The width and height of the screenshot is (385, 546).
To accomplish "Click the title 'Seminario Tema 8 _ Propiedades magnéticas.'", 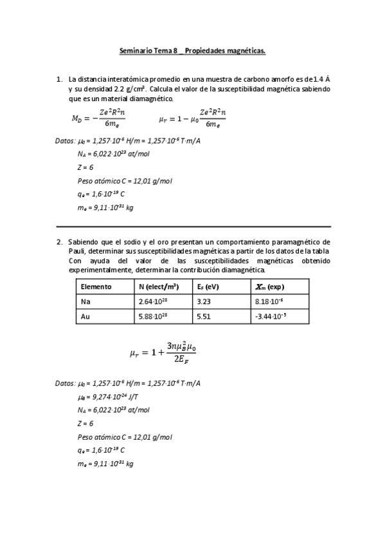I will tap(192, 50).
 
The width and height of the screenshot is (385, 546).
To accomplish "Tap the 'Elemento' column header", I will tap(96, 287).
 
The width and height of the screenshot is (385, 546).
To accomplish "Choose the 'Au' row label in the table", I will tap(85, 316).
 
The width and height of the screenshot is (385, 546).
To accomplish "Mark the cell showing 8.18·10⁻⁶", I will tap(269, 301).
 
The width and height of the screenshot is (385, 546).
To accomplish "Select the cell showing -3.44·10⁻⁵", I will tap(270, 316).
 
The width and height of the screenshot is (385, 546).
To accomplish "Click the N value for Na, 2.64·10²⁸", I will tap(152, 301).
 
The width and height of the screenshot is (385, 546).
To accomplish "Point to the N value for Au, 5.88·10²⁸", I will tap(152, 316).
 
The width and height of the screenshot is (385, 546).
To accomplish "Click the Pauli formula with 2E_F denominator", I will tap(162, 352).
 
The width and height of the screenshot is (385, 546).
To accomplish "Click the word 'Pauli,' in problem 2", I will tap(78, 250).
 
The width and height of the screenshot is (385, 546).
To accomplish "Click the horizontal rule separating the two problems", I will tap(193, 227).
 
